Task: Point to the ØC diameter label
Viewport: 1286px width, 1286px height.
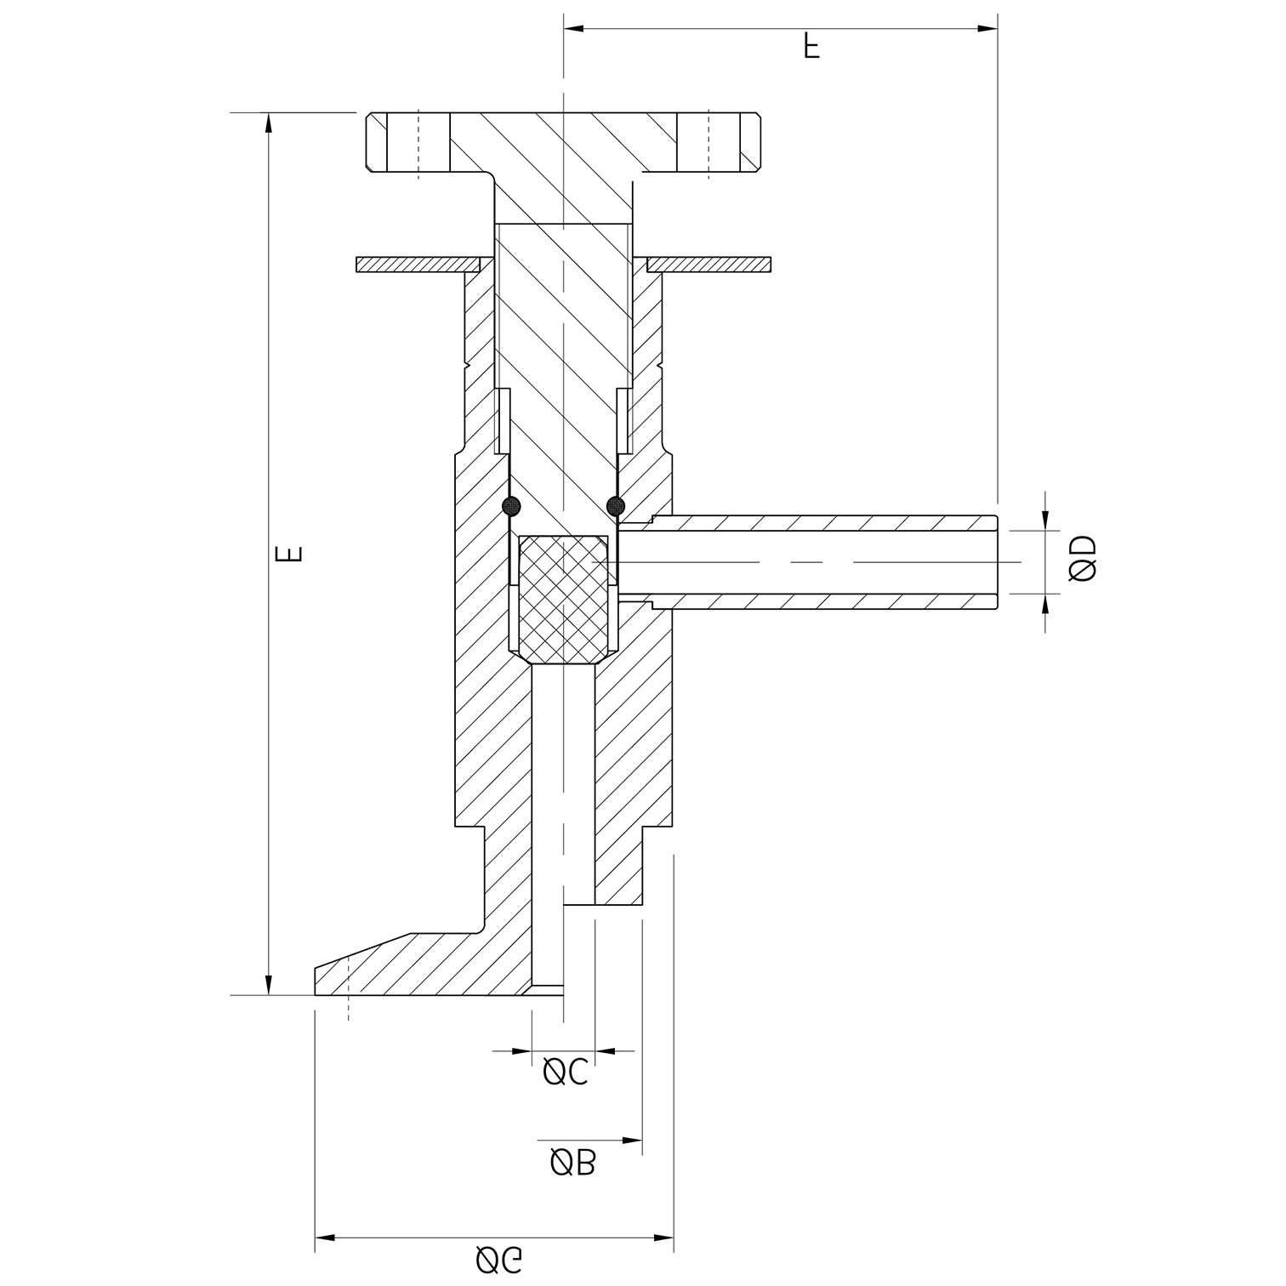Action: [566, 1073]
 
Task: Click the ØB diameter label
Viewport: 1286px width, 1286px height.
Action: [573, 1162]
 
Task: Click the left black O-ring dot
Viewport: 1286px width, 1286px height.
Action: [511, 506]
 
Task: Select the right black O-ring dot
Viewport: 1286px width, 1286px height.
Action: [615, 506]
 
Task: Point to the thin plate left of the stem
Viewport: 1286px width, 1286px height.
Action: [417, 265]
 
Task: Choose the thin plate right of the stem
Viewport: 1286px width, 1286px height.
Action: [709, 265]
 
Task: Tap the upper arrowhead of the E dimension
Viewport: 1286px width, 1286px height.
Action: [269, 122]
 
